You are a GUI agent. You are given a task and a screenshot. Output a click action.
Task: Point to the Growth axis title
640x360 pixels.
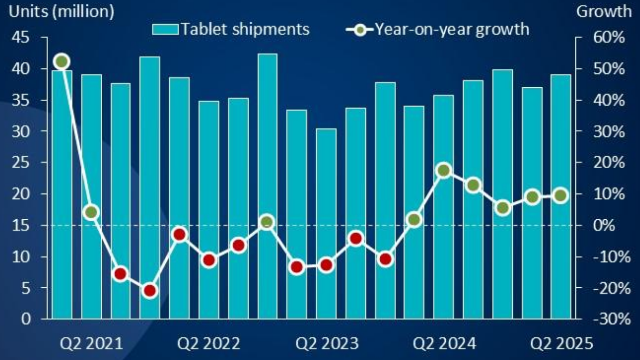pyautogui.click(x=603, y=12)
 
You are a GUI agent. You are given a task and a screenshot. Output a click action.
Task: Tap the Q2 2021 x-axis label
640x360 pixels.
pyautogui.click(x=91, y=344)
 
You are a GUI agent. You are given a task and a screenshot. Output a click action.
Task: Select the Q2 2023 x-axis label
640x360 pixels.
pyautogui.click(x=327, y=344)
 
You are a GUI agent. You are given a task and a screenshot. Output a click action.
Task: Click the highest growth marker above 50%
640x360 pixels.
pyautogui.click(x=62, y=62)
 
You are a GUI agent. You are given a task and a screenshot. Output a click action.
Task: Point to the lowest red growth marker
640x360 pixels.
pyautogui.click(x=150, y=291)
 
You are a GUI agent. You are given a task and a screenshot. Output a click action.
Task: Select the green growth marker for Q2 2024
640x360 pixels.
pyautogui.click(x=444, y=171)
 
